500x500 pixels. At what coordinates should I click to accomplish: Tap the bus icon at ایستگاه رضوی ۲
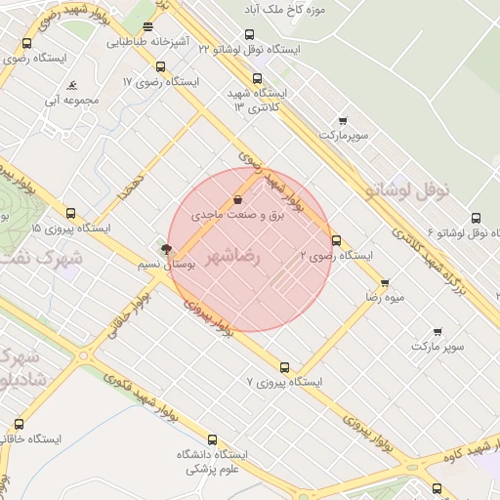(x=337, y=240)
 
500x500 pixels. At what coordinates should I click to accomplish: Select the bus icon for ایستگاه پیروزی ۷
(x=284, y=367)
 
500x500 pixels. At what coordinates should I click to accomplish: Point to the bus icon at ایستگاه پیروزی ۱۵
(x=70, y=213)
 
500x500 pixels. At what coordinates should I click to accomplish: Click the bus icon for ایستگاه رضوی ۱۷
(x=161, y=66)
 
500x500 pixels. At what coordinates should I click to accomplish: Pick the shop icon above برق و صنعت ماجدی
(x=239, y=199)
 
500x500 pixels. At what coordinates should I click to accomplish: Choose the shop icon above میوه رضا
(x=385, y=282)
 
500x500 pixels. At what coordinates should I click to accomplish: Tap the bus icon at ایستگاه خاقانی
(x=20, y=424)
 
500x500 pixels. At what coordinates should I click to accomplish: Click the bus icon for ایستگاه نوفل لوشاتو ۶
(x=476, y=219)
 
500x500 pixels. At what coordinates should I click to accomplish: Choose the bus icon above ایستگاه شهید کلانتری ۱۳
(x=258, y=79)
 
